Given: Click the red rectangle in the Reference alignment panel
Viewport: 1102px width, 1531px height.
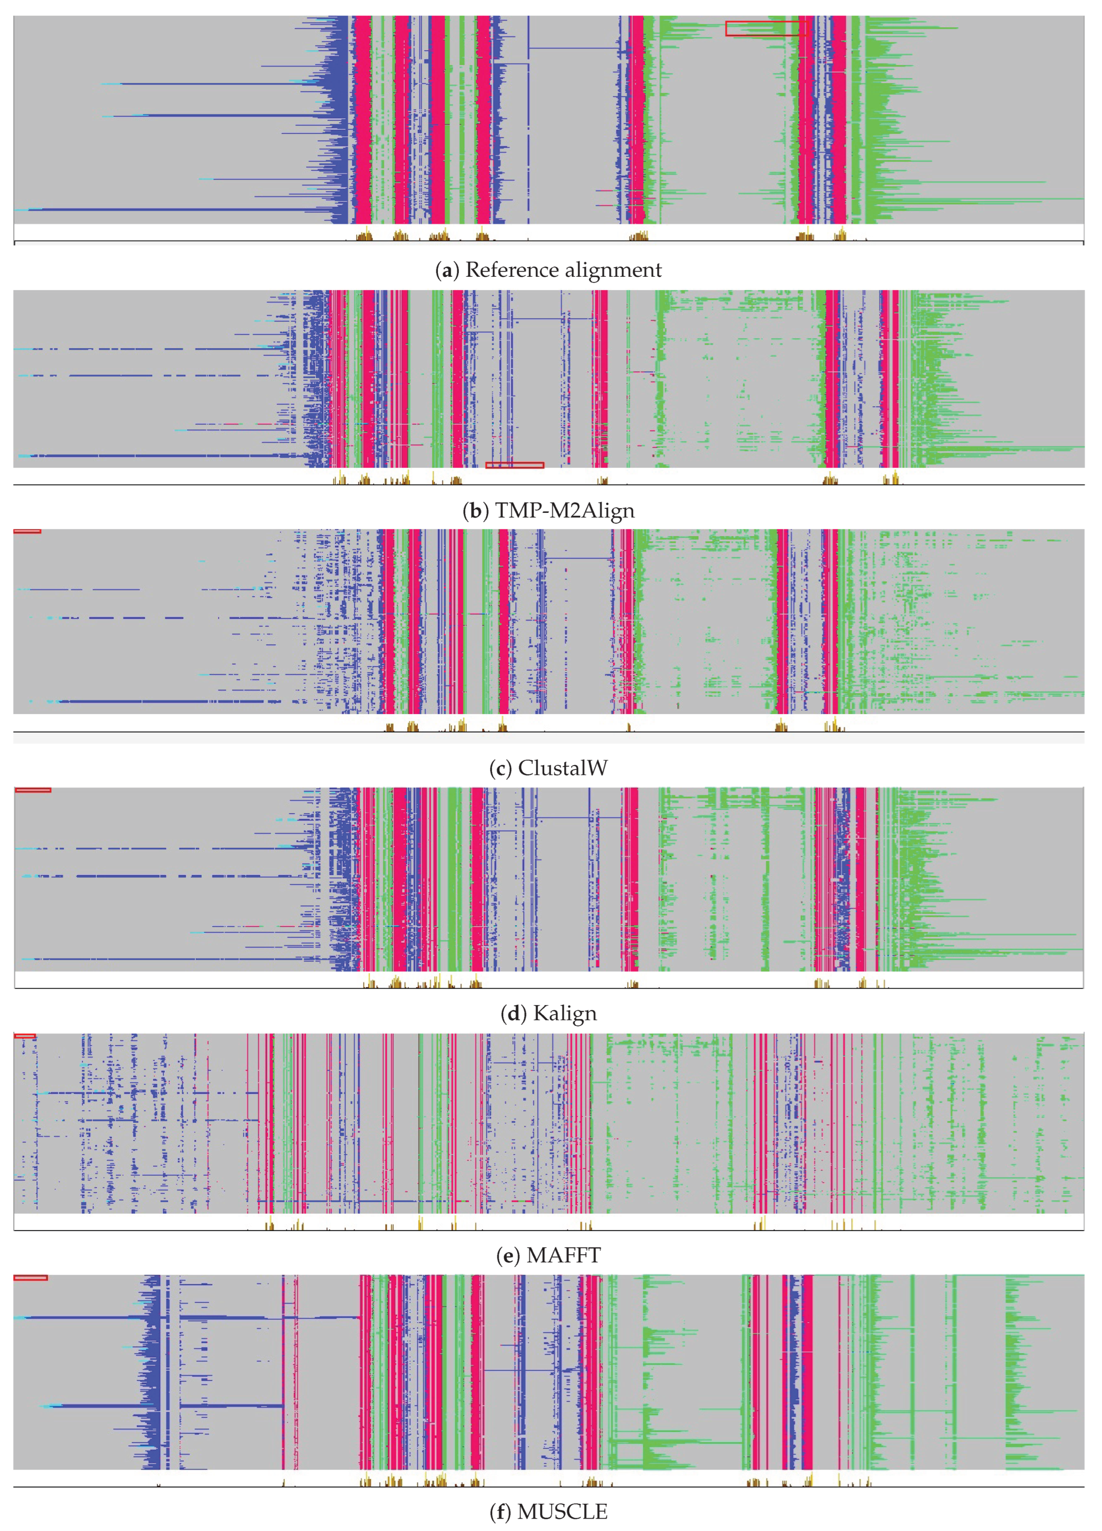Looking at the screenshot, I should click(766, 28).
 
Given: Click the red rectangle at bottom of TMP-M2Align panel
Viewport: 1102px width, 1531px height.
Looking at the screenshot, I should click(515, 465).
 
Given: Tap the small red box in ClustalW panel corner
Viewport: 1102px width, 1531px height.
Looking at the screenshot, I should click(27, 531).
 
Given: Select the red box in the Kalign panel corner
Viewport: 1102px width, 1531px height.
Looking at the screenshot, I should click(32, 790).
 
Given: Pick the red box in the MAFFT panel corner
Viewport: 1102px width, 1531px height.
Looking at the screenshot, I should click(24, 1036).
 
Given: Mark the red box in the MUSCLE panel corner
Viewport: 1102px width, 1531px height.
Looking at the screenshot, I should click(30, 1277).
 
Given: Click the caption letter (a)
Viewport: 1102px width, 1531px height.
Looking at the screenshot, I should click(444, 270).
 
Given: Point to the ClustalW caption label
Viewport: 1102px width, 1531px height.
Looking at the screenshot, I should click(562, 768).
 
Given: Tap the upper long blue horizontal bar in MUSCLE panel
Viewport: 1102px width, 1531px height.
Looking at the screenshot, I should click(81, 1317).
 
